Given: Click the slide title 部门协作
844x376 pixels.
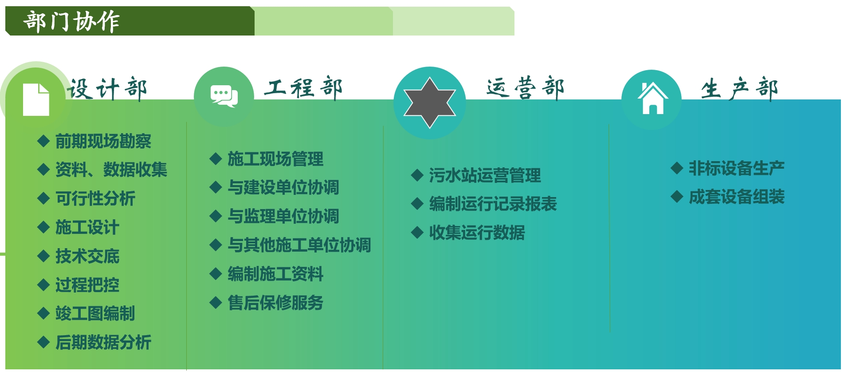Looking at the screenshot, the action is [x=71, y=21].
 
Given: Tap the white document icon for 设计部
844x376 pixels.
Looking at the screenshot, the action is [x=36, y=99].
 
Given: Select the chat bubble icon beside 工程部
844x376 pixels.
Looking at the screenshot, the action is [x=224, y=96].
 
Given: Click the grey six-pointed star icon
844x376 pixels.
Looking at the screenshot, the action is [x=430, y=103].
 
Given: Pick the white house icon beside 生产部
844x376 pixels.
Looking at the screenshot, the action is [x=652, y=98].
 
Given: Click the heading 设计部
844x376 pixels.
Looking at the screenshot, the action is [x=107, y=89].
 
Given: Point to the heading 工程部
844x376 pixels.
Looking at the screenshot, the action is [x=303, y=87].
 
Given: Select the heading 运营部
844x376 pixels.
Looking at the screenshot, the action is [x=525, y=87].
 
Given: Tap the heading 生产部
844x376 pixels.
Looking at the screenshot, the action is [x=739, y=88].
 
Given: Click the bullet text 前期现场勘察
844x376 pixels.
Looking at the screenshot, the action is [x=103, y=141].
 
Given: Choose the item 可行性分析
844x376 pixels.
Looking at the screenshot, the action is [x=95, y=198].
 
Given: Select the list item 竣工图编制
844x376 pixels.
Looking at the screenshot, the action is [x=95, y=313].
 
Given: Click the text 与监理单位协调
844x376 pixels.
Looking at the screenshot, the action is [x=283, y=216].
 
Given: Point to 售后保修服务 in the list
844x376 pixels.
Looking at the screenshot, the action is [x=275, y=303].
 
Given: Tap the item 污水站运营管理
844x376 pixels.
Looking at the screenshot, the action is [x=485, y=175].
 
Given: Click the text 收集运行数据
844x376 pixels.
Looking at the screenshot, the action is [x=477, y=233].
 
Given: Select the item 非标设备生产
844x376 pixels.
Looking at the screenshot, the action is [x=737, y=168].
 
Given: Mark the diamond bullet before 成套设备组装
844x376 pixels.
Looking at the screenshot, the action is [x=677, y=197].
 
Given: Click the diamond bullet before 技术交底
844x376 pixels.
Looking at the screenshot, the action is [x=43, y=256].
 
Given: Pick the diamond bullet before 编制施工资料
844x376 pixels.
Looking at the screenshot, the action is [x=216, y=274].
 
